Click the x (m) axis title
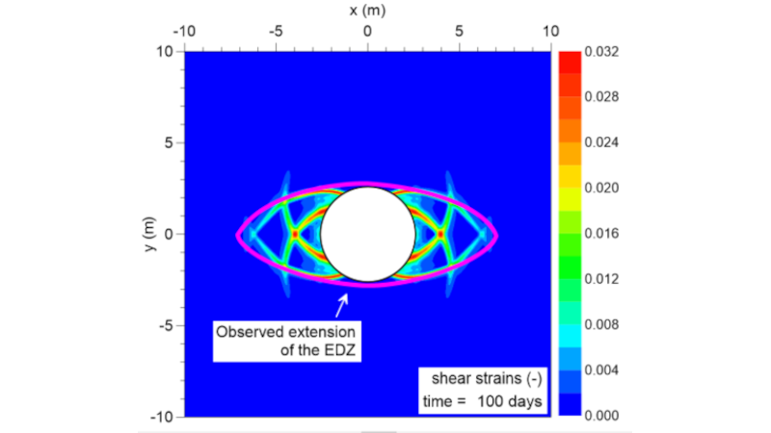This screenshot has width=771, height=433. pos(367,11)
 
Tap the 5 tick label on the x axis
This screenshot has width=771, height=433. pos(459,31)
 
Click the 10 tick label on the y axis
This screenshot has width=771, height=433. pos(164,51)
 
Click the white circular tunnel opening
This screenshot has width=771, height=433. pos(367,234)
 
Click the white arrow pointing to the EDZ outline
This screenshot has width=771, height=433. pos(341,307)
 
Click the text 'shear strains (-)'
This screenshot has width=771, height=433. pos(483,378)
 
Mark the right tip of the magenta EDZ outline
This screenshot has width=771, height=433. pos(496,234)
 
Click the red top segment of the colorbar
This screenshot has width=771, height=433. pos(568,58)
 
